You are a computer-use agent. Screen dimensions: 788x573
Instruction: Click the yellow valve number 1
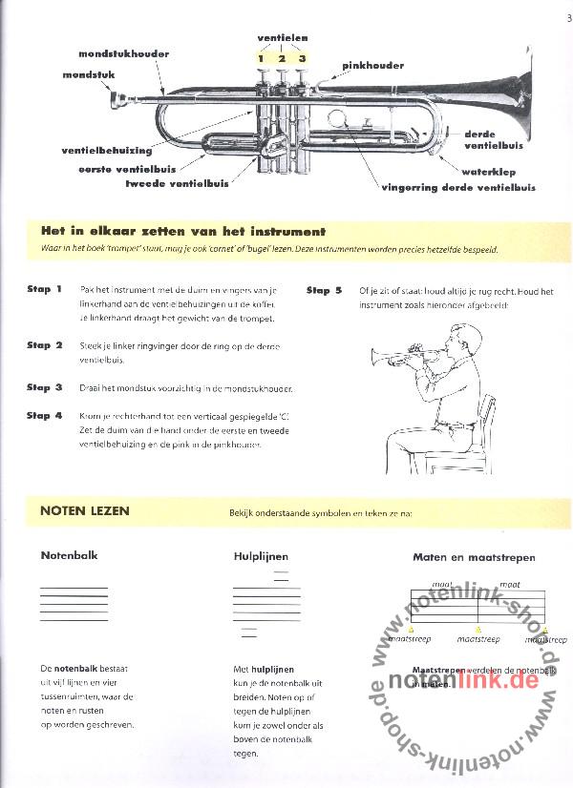[260, 59]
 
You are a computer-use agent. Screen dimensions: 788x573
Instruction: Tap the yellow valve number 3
[302, 59]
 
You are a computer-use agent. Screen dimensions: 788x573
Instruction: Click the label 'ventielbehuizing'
[107, 150]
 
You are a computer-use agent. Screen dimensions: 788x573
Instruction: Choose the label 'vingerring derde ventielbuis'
[446, 188]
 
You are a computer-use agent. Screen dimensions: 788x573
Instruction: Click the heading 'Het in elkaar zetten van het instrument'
[183, 231]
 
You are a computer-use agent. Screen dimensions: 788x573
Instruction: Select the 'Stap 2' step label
[45, 345]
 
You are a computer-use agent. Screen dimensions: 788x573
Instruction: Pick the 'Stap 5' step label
[325, 290]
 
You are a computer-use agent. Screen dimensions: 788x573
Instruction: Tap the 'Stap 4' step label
[45, 416]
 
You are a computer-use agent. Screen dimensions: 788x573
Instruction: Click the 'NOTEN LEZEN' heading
[85, 510]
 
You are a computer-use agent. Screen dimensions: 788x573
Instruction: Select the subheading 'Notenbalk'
[69, 555]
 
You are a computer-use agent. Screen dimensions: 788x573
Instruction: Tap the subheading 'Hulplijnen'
[261, 556]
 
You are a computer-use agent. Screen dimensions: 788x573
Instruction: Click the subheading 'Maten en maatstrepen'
[474, 557]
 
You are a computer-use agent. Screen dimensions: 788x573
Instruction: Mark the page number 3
[567, 13]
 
